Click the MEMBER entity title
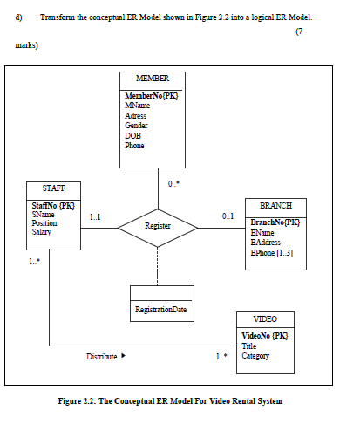(x=153, y=79)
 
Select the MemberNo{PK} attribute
(x=152, y=95)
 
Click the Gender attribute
(x=137, y=126)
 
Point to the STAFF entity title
(x=53, y=188)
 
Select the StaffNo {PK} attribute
(x=52, y=205)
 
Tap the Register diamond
(x=158, y=226)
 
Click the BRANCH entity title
(x=275, y=206)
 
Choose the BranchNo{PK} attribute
(x=275, y=222)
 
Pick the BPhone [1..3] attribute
(x=272, y=253)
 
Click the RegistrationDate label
(x=160, y=309)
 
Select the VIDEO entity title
(x=265, y=318)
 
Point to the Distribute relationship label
(x=101, y=356)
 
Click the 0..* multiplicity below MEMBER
(x=173, y=183)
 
